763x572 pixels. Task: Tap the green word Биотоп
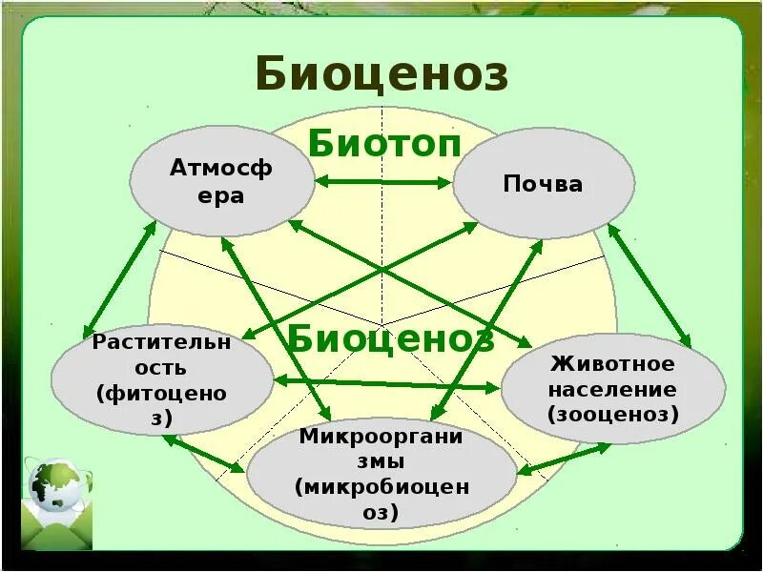[384, 146]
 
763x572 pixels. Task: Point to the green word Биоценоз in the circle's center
[390, 337]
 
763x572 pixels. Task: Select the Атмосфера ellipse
[221, 182]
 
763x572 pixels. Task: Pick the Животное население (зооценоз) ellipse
[612, 390]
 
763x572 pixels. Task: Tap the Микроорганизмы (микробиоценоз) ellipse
[381, 474]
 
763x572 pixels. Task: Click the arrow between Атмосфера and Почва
[383, 181]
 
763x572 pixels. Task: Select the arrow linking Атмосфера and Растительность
[118, 276]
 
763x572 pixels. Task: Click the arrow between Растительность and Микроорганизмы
[203, 453]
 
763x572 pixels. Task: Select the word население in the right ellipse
[612, 390]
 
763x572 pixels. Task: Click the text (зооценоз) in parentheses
[612, 414]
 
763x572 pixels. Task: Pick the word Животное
[612, 365]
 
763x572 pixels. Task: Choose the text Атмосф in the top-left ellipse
[221, 170]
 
